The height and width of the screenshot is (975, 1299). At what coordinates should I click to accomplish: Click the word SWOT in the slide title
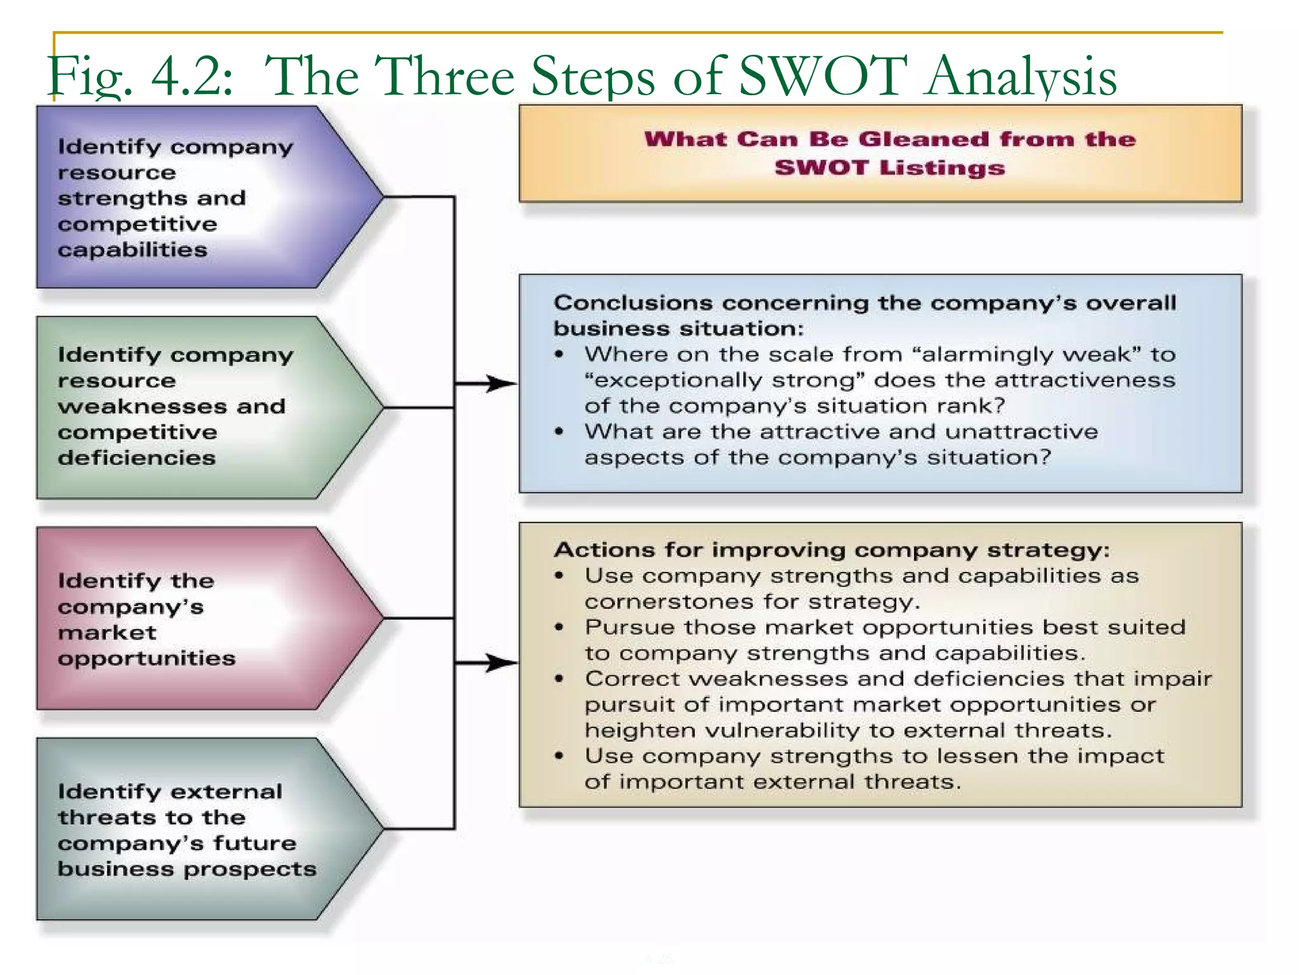tap(823, 76)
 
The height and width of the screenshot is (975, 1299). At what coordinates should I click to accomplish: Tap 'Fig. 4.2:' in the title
tap(140, 77)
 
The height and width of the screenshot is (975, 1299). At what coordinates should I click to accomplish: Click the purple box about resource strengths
tap(190, 197)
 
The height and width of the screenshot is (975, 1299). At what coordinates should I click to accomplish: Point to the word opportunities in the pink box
tap(147, 658)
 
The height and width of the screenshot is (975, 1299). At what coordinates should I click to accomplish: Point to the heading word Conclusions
tap(634, 303)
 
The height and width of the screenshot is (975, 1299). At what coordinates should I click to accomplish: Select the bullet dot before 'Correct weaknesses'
tap(559, 679)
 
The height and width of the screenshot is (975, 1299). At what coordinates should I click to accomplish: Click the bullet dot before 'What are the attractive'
tap(559, 432)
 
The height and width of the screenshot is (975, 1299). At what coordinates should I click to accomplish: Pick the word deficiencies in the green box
tap(136, 458)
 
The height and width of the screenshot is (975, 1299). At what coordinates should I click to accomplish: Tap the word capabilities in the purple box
tap(133, 249)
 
